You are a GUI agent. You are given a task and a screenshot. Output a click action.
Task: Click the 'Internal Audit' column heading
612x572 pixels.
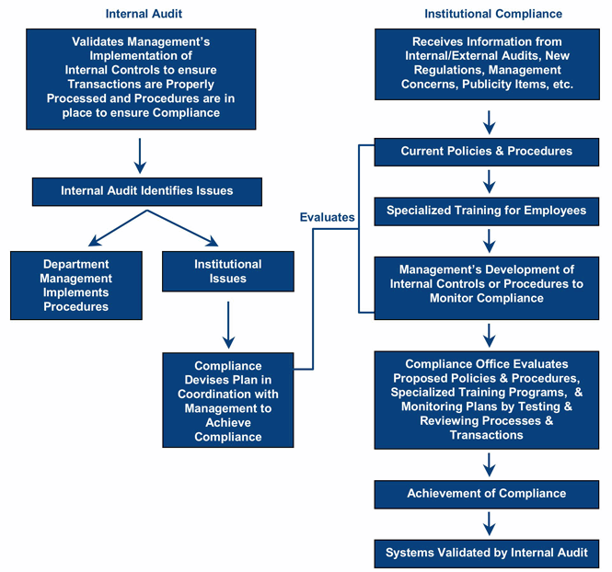point(144,14)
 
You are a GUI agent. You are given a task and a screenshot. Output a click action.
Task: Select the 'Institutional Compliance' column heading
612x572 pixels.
point(492,14)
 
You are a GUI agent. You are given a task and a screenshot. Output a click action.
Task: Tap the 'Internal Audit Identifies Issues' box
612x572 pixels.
point(146,191)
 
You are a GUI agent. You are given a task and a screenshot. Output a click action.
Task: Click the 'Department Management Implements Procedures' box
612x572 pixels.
point(76,285)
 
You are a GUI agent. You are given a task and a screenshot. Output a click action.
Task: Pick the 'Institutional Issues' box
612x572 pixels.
point(227,271)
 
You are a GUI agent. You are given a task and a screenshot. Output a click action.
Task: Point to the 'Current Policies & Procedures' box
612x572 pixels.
point(487,152)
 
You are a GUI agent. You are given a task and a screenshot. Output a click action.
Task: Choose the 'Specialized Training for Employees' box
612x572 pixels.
point(487,211)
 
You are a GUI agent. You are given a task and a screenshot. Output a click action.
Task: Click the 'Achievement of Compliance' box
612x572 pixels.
point(487,494)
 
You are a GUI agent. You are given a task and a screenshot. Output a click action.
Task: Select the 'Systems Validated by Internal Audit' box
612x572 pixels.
point(487,553)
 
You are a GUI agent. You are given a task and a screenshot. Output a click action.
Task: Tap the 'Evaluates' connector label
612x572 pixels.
point(327,217)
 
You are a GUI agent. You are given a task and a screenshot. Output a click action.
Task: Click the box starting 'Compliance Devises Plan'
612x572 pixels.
point(227,401)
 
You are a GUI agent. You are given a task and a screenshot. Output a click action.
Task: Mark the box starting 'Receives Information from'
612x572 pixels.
point(487,63)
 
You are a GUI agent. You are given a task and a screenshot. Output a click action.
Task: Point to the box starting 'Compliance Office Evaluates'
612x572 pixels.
point(487,399)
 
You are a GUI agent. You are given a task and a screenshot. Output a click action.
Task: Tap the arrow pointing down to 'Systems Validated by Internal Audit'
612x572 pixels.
point(489,524)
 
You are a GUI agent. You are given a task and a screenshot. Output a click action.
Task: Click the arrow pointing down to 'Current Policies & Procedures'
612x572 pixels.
point(489,120)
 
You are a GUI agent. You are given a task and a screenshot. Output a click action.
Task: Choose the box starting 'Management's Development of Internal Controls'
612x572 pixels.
point(487,284)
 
